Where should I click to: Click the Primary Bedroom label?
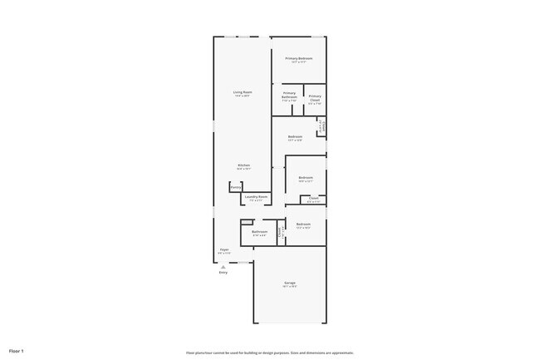[299, 58]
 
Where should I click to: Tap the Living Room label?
[243, 91]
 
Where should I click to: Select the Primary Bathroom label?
[289, 95]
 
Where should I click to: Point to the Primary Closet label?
[315, 97]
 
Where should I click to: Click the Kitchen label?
[243, 165]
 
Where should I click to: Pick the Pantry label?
[236, 188]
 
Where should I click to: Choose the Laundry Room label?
[256, 196]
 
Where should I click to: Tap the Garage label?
[290, 283]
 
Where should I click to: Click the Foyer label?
[224, 249]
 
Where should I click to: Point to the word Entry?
[223, 273]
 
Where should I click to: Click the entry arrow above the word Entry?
[223, 266]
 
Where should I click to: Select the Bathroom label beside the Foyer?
[260, 231]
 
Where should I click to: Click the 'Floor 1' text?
[17, 350]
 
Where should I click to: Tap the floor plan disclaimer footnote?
[270, 353]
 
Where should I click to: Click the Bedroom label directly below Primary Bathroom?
[295, 136]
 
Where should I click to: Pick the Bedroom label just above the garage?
[303, 224]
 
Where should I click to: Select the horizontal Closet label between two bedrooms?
[314, 197]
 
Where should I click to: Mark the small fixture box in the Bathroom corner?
[247, 222]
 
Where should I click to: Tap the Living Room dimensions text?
[243, 96]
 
